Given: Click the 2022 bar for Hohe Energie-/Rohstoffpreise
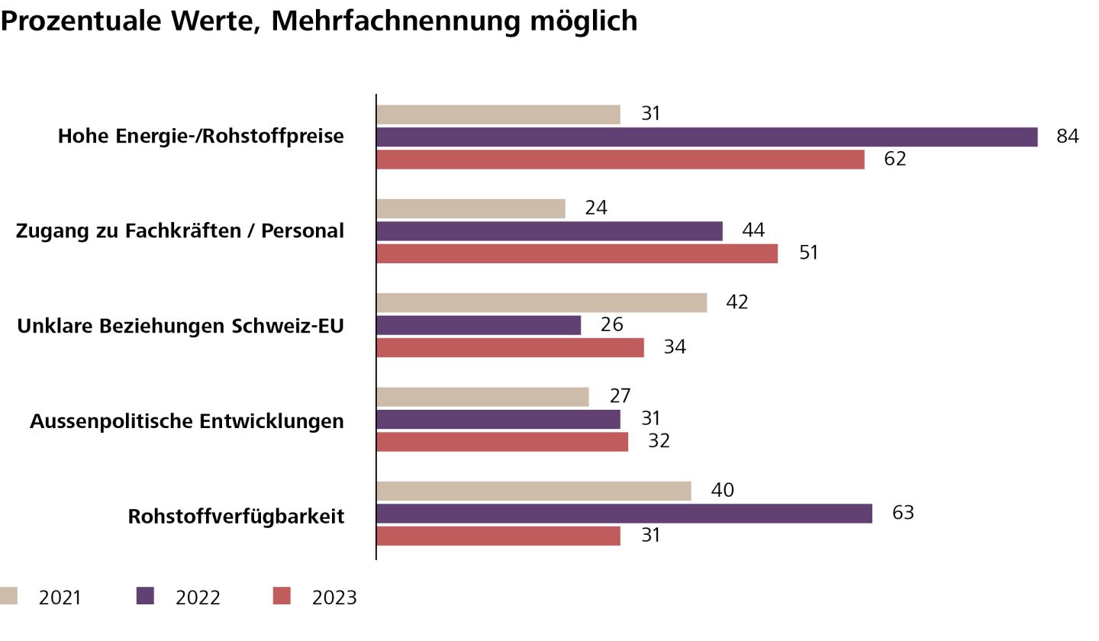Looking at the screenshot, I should click(707, 137).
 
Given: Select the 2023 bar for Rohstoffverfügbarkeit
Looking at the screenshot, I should click(498, 536).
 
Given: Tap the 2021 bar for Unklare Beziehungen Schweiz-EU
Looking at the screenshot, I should click(542, 302).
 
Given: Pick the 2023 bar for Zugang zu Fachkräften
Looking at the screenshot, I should click(577, 253).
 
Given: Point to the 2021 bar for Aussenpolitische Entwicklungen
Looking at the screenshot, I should click(482, 397).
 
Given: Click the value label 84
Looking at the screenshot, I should click(1067, 137).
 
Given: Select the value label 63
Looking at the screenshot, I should click(903, 513).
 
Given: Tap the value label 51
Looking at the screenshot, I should click(808, 253).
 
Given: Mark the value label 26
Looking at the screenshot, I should click(612, 325).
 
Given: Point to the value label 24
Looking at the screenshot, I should click(596, 208).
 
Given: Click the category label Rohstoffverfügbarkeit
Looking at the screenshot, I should click(236, 517).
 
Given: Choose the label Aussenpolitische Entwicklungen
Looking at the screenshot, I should click(187, 421).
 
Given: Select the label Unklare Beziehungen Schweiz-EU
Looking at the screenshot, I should click(180, 327).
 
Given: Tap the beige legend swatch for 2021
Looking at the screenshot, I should click(8, 596).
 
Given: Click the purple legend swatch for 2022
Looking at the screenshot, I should click(145, 596).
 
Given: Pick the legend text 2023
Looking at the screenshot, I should click(334, 598).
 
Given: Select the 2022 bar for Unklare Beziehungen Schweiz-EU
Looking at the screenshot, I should click(479, 325).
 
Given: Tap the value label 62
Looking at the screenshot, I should click(895, 159).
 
